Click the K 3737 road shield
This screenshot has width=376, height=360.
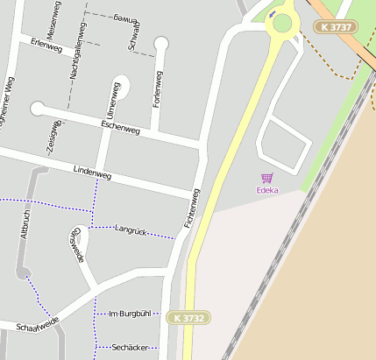[337, 27]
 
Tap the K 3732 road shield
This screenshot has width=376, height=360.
[188, 318]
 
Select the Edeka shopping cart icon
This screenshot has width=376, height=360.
[267, 178]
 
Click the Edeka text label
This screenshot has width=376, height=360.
[267, 189]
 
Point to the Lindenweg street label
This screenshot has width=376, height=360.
[92, 174]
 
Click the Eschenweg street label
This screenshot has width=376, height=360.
[121, 127]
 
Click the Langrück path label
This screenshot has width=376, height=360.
[130, 229]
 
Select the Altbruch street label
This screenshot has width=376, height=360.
[25, 224]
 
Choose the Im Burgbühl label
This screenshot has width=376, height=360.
[129, 313]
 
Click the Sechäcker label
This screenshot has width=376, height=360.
[129, 348]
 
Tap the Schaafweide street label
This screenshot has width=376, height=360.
[36, 325]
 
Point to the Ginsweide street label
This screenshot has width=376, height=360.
[76, 244]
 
